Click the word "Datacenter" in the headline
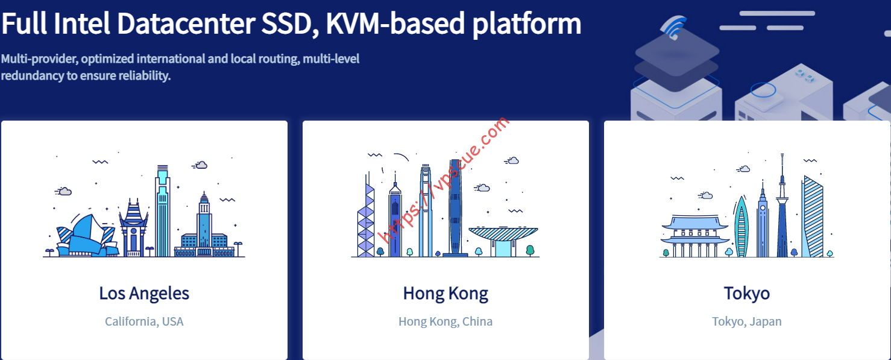[x=186, y=24]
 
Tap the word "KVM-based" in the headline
[x=395, y=24]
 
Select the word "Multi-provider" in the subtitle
[x=39, y=59]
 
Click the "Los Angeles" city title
[x=144, y=294]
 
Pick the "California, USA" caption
[x=144, y=321]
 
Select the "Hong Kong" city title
[x=445, y=294]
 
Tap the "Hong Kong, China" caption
[x=445, y=321]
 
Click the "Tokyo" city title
[x=746, y=294]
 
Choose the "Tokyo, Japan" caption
[x=746, y=321]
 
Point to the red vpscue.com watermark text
[x=444, y=180]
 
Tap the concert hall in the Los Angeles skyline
[x=87, y=236]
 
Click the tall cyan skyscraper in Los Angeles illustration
[x=162, y=211]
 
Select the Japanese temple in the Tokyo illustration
[x=694, y=236]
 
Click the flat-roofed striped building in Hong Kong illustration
[x=503, y=241]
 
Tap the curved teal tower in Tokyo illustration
[x=741, y=227]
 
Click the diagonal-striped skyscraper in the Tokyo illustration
[x=812, y=217]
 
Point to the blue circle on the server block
[x=763, y=90]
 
